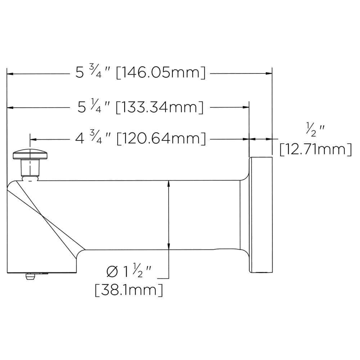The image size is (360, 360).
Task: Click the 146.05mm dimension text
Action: coord(161,73)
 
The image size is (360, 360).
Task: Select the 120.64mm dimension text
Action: coord(161,139)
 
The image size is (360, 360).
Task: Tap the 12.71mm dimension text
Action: coord(315,149)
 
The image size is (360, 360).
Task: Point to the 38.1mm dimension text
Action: coord(129,289)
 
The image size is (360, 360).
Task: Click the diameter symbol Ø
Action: coord(112,271)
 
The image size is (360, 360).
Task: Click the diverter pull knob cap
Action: coord(31,154)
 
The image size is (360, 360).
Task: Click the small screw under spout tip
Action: coord(30,277)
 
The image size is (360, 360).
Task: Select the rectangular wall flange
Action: coord(261,215)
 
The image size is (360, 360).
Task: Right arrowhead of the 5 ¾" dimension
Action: coord(269,73)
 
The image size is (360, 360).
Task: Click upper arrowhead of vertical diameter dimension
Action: coord(168,184)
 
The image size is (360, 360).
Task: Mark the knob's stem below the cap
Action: coord(30,167)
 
